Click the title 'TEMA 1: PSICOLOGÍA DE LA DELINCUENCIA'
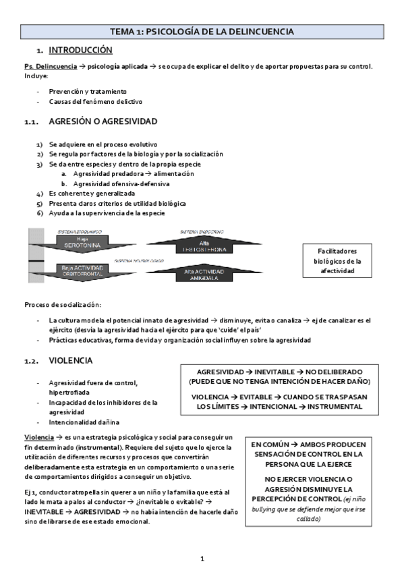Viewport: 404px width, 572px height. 202,32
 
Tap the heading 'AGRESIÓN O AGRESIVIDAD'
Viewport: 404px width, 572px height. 103,121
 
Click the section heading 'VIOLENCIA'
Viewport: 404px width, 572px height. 71,361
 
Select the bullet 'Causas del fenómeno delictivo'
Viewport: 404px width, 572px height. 95,101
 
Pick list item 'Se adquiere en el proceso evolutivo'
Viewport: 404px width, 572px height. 103,144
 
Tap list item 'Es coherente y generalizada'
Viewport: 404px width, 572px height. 91,193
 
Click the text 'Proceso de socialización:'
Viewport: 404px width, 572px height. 62,304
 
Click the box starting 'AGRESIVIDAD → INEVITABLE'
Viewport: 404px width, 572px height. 279,389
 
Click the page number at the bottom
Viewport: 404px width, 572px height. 202,559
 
